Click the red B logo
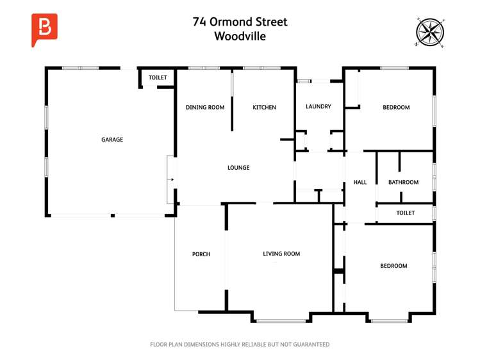44,29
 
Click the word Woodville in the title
240,37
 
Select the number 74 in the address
199,22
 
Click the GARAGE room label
112,140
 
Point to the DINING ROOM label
205,107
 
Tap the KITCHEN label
264,107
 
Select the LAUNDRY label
319,106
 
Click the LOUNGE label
238,168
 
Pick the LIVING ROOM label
281,254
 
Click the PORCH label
201,254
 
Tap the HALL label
360,183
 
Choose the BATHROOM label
403,183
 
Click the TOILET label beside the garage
158,78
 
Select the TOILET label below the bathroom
405,213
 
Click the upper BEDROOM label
396,107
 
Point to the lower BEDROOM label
393,266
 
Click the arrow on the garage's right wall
171,180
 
